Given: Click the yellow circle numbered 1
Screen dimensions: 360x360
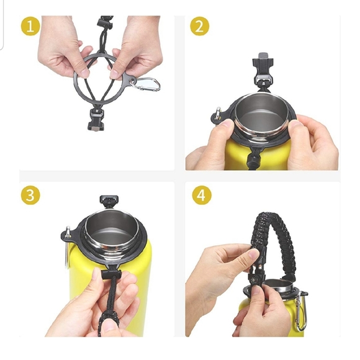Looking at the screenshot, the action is tap(30, 26).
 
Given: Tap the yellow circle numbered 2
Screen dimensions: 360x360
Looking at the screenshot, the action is tap(199, 26).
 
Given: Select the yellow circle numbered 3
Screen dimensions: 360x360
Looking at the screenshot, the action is tap(30, 196).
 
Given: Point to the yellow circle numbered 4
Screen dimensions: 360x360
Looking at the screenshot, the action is tap(202, 196).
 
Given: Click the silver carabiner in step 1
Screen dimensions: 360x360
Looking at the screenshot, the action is tap(147, 84).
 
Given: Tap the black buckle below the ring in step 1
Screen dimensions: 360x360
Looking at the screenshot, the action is tap(96, 119).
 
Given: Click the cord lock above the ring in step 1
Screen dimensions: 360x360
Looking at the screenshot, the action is tap(105, 22).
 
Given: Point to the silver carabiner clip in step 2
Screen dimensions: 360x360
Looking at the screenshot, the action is tap(217, 114).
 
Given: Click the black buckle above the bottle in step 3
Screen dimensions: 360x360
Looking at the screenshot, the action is tap(109, 202).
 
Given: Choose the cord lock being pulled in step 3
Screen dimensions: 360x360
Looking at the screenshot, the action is tap(111, 274).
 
